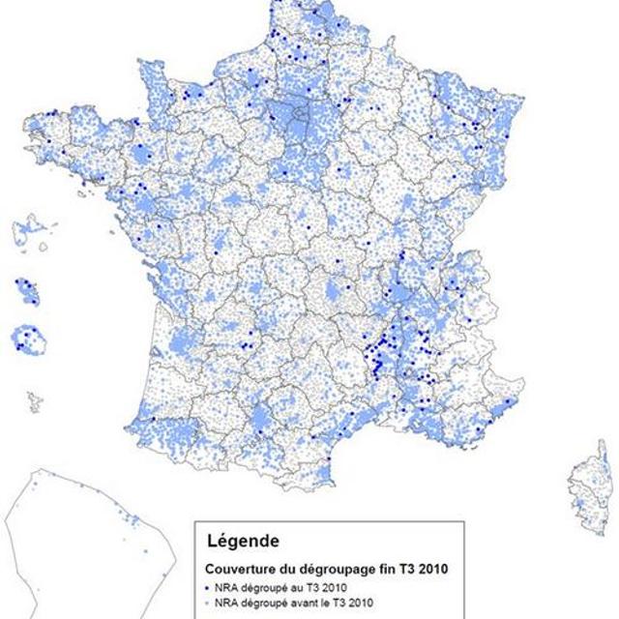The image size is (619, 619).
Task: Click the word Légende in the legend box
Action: point(238,540)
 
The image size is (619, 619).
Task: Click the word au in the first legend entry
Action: point(290,587)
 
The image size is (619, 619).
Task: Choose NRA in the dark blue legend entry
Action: point(226,587)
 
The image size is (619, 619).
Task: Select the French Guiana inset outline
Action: point(87,542)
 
